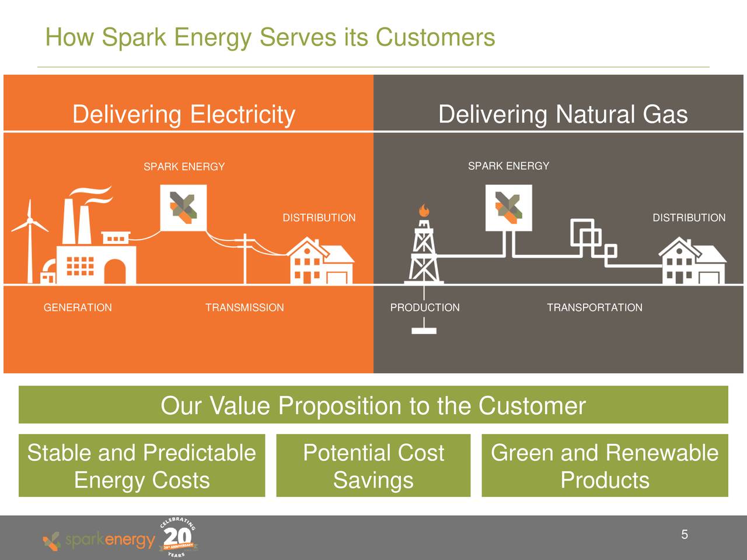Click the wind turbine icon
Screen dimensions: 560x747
coord(29,239)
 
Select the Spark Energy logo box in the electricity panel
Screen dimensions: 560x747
coord(183,208)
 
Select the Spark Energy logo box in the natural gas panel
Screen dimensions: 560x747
coord(508,208)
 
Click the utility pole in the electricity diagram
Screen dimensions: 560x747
coord(245,257)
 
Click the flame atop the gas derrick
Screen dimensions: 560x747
coord(424,210)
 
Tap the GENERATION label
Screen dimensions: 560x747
coord(78,307)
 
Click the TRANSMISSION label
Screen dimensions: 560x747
coord(245,307)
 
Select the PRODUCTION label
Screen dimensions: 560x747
coord(425,307)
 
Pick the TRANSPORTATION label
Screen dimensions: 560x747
coord(594,307)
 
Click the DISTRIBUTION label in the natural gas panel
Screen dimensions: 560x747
coord(689,218)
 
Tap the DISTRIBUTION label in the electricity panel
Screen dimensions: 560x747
coord(319,218)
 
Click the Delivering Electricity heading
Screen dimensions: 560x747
coord(184,114)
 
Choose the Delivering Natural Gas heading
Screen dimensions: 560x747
coord(563,114)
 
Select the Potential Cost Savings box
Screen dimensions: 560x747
coord(373,466)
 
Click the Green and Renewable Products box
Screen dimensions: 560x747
coord(605,466)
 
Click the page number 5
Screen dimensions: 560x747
coord(685,534)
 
